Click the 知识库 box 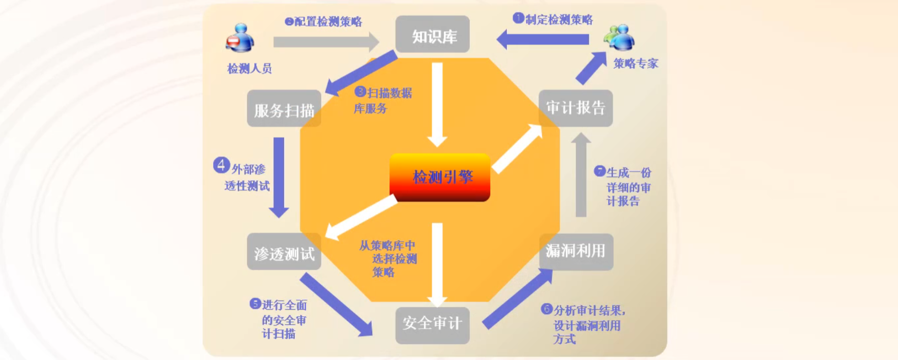click(x=432, y=35)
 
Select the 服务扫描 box click(x=284, y=109)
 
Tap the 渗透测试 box click(x=284, y=252)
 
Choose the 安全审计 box click(x=432, y=324)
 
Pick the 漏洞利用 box click(x=576, y=251)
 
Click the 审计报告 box click(x=576, y=108)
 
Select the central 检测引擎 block click(x=440, y=177)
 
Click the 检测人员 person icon click(x=240, y=38)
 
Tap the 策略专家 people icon click(x=619, y=38)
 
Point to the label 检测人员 click(x=249, y=69)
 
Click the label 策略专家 click(x=636, y=64)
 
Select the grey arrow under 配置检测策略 click(x=325, y=42)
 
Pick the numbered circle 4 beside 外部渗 click(x=221, y=165)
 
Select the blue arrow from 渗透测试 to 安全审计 click(x=336, y=304)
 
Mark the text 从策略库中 click(x=387, y=246)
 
